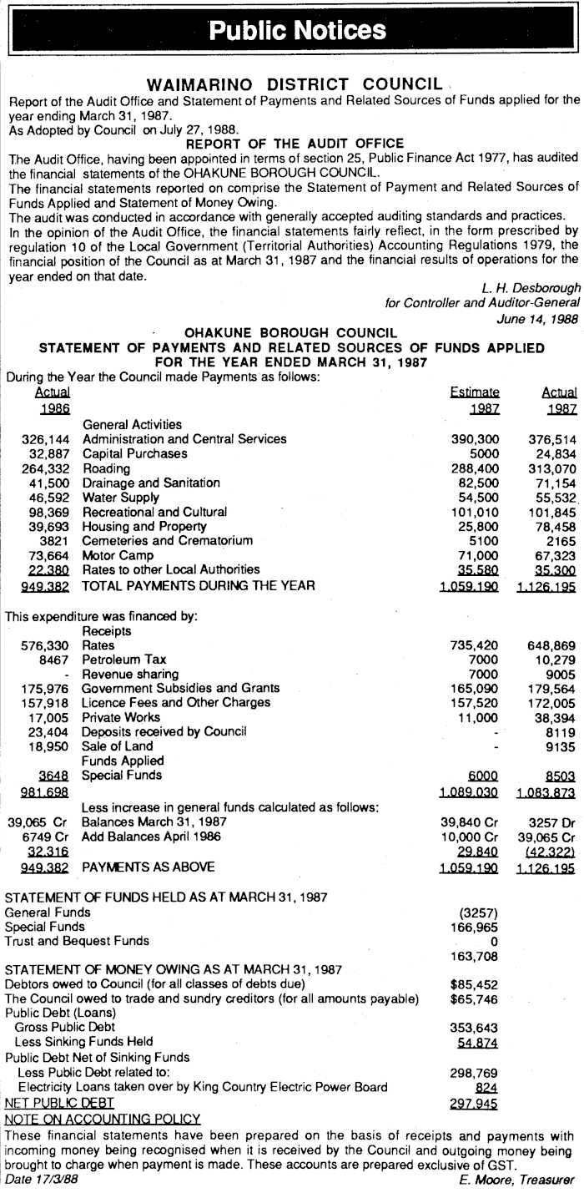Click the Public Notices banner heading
pos(297,31)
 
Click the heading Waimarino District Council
pos(293,85)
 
